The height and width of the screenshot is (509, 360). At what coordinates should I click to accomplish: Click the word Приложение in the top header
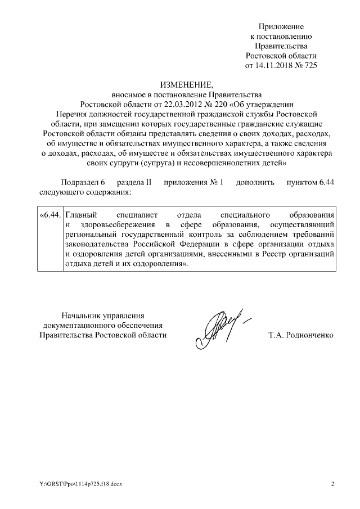tap(281, 26)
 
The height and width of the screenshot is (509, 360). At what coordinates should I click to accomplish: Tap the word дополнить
tap(255, 183)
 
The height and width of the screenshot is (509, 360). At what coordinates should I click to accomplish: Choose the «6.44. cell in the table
tap(50, 215)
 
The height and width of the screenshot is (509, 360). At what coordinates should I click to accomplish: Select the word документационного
tap(82, 325)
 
